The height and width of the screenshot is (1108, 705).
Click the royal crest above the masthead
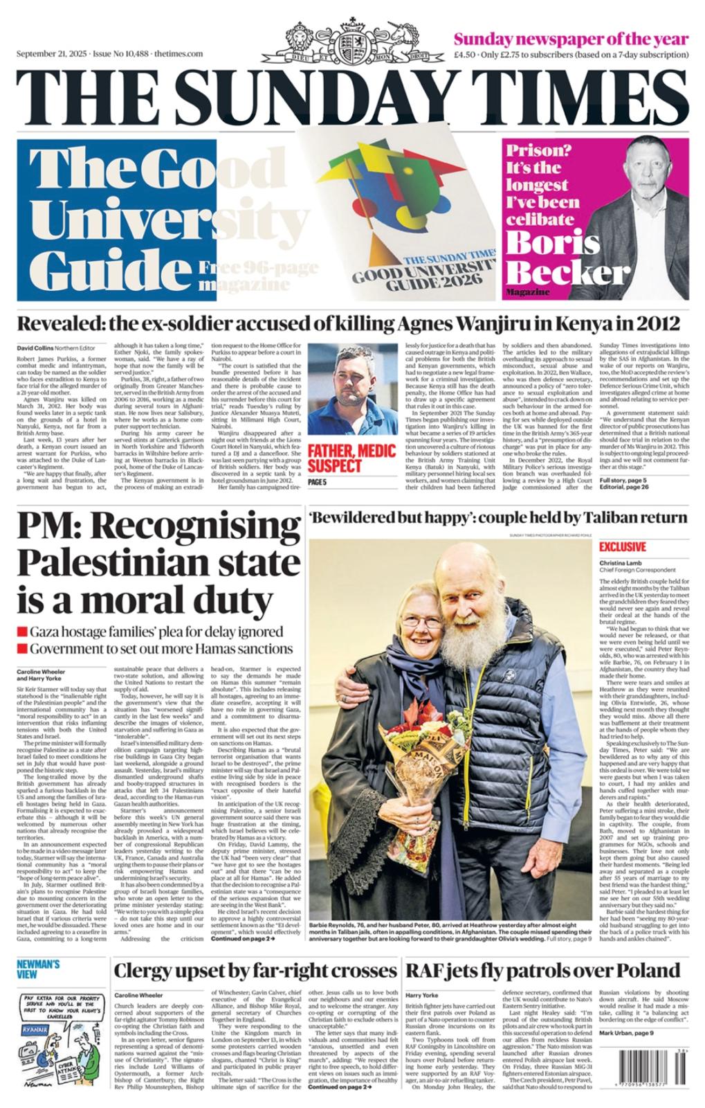coord(352,45)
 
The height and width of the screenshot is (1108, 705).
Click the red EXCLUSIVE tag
coord(623,546)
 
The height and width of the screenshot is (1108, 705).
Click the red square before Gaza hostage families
coord(22,632)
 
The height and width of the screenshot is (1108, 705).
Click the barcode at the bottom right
coord(645,1073)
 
